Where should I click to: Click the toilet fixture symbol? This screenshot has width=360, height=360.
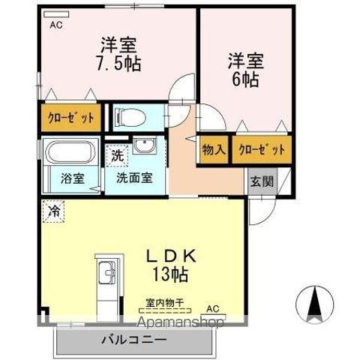tap(130, 117)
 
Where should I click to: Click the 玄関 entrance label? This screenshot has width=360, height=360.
tap(262, 181)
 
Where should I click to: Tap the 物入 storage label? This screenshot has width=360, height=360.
tap(214, 150)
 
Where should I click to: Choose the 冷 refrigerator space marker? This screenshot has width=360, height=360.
tap(53, 211)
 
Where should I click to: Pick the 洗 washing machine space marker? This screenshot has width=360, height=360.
tap(117, 155)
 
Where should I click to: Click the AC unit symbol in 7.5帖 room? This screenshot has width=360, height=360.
tap(56, 14)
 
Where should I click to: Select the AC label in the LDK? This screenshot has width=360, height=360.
tap(213, 309)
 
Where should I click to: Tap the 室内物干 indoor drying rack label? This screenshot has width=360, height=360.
tap(165, 303)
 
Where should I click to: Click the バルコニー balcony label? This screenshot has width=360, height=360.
tap(134, 340)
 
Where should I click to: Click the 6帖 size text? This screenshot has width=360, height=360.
tap(245, 79)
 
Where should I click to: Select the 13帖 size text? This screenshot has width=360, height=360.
tap(170, 274)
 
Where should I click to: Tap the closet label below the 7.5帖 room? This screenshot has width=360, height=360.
tap(71, 118)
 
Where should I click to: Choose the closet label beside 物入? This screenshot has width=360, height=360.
tap(262, 149)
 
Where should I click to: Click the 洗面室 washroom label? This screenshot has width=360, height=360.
tap(134, 178)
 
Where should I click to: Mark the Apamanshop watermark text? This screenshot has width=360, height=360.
tap(181, 321)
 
